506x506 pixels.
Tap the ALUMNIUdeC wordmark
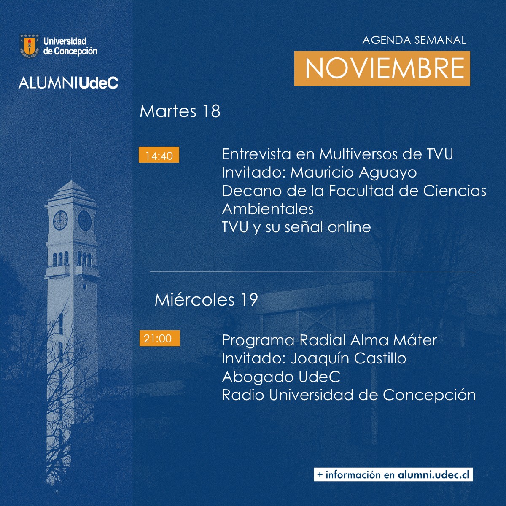[x=68, y=83]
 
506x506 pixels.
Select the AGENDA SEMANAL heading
[x=414, y=40]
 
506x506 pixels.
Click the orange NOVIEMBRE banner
[x=382, y=68]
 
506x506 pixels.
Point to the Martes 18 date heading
[x=180, y=111]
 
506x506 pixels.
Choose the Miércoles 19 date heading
[x=206, y=300]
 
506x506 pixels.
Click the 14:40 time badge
[x=159, y=156]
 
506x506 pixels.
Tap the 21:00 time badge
[x=159, y=338]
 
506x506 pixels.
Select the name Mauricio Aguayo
[x=353, y=172]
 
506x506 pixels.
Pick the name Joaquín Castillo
[x=348, y=358]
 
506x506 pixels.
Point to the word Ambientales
[x=268, y=209]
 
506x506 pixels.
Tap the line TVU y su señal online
[x=296, y=227]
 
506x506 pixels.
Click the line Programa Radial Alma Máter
[x=329, y=340]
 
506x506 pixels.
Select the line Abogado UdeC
[x=281, y=377]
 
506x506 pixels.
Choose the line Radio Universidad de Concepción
[x=349, y=395]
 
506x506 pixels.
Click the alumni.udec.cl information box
[x=393, y=474]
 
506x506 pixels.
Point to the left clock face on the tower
[x=60, y=220]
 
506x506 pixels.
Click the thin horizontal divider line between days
[x=313, y=272]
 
